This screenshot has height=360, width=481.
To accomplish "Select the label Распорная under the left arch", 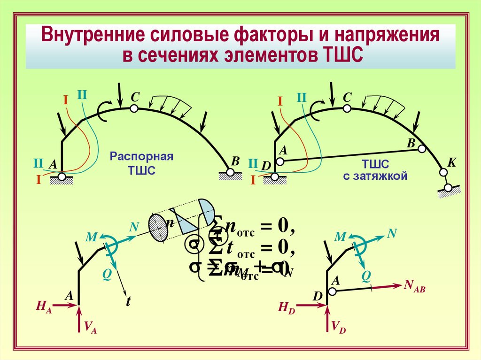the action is [x=142, y=156].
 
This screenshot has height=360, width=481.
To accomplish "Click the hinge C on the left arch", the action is [x=134, y=108].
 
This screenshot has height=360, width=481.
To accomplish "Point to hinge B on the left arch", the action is [x=230, y=172].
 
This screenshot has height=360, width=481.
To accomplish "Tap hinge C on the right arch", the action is [x=346, y=108].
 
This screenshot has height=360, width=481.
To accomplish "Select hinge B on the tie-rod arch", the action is [x=421, y=149].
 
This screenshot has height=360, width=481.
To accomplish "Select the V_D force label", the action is [x=338, y=327].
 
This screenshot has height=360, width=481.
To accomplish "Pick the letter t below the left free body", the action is [x=127, y=302].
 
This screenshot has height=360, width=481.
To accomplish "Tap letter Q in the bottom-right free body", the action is [x=365, y=277].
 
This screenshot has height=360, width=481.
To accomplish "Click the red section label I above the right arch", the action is [x=280, y=101].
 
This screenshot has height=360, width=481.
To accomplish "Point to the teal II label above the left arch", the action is [x=82, y=95].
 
